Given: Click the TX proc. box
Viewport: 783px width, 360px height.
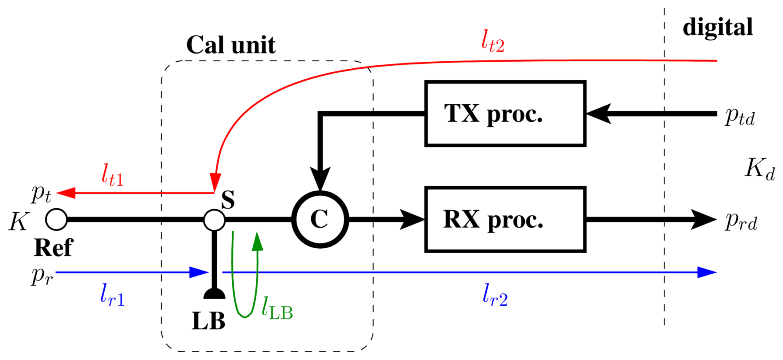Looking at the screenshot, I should click(x=505, y=114).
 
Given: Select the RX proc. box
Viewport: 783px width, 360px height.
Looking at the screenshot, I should click(x=505, y=219).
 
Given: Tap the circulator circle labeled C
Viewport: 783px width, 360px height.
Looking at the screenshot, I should click(x=320, y=219).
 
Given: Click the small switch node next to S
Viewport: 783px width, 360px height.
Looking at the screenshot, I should click(x=214, y=220).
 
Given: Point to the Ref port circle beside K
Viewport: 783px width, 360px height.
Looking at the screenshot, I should click(x=56, y=219).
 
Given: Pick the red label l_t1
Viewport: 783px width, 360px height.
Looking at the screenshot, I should click(x=112, y=175).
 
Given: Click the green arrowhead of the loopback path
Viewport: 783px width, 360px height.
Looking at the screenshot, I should click(x=257, y=241).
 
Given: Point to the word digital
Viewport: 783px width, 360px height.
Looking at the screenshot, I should click(x=718, y=27).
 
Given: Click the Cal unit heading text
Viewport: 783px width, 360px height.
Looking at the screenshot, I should click(x=231, y=45).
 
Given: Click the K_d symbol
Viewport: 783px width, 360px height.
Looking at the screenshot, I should click(x=759, y=169).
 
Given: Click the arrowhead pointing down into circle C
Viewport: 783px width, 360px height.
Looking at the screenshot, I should click(x=320, y=179).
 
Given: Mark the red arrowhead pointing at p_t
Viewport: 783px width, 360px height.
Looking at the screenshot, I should click(x=66, y=193).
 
